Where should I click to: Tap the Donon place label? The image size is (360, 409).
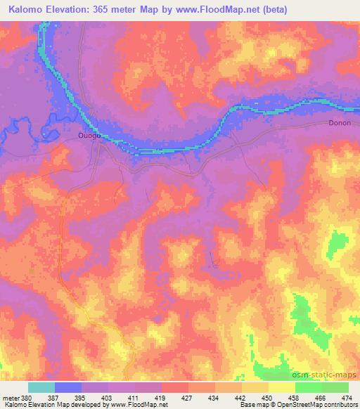point(339,122)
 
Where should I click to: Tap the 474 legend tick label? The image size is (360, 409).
point(347,397)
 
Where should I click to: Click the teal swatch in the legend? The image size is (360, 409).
point(41,387)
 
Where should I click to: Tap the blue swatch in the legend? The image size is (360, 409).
point(67,387)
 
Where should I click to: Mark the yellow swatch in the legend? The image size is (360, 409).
point(281,387)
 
